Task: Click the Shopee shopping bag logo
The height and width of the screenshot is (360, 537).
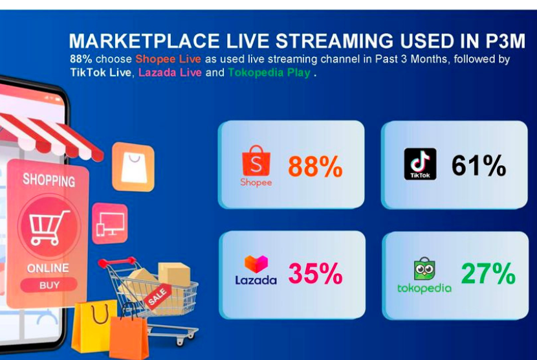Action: tap(256, 161)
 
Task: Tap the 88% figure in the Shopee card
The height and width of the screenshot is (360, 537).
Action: tap(315, 166)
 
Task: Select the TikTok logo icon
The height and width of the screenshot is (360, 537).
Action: tap(420, 164)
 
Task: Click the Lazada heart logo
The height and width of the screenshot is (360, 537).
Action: tap(256, 264)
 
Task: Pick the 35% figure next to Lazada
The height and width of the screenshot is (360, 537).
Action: tap(315, 274)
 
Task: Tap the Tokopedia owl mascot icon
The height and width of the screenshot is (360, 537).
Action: tap(424, 269)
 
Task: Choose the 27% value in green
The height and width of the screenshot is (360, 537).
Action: tap(488, 273)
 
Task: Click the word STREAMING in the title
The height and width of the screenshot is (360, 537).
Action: tap(334, 41)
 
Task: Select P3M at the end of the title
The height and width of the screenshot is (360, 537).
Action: tap(505, 41)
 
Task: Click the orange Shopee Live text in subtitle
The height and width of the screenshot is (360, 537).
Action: tap(168, 59)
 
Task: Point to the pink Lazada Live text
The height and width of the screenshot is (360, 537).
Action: tap(170, 73)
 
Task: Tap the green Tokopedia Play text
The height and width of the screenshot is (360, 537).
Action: tap(269, 73)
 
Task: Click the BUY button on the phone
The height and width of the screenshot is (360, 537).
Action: tap(49, 285)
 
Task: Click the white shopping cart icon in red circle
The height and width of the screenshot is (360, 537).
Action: tap(49, 227)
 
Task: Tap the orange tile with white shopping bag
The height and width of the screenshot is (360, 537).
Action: tap(133, 166)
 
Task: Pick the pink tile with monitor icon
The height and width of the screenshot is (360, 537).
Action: tap(110, 223)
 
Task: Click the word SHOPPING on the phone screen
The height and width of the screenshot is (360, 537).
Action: tap(49, 180)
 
